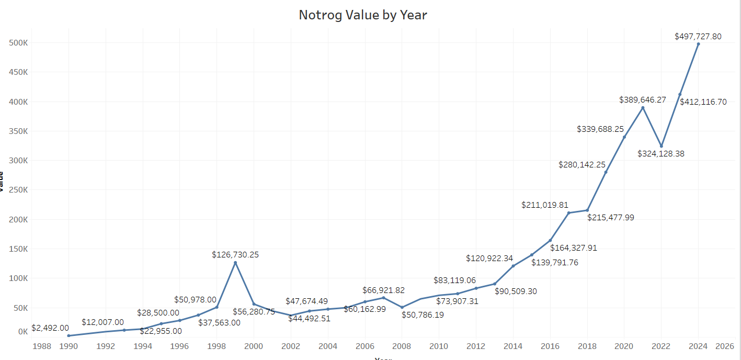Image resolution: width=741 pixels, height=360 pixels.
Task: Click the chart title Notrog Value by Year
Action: tap(363, 15)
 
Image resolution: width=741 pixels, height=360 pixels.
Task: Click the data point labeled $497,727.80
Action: tap(698, 44)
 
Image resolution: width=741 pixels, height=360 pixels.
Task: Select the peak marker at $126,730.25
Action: tap(235, 263)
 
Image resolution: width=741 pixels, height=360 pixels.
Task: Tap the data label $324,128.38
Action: tap(661, 154)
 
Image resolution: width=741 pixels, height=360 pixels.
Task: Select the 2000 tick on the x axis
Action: tap(254, 346)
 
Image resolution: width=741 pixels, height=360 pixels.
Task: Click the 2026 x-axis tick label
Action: tap(724, 346)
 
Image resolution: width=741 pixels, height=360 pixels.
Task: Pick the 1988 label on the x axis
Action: tap(41, 346)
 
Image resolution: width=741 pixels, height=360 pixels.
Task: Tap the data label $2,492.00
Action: tap(50, 328)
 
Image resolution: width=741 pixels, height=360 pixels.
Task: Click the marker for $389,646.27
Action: tap(643, 108)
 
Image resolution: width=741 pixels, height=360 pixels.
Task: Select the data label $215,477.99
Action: tap(610, 217)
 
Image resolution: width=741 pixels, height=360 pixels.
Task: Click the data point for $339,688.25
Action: tap(624, 137)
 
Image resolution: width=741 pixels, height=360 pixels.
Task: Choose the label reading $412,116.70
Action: tap(703, 102)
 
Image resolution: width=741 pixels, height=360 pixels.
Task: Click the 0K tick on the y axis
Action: tap(22, 331)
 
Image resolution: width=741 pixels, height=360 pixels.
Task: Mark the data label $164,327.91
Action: tap(573, 248)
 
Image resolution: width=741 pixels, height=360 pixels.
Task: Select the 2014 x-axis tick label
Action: tap(513, 346)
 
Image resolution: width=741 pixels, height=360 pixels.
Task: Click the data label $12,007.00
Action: tap(102, 322)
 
